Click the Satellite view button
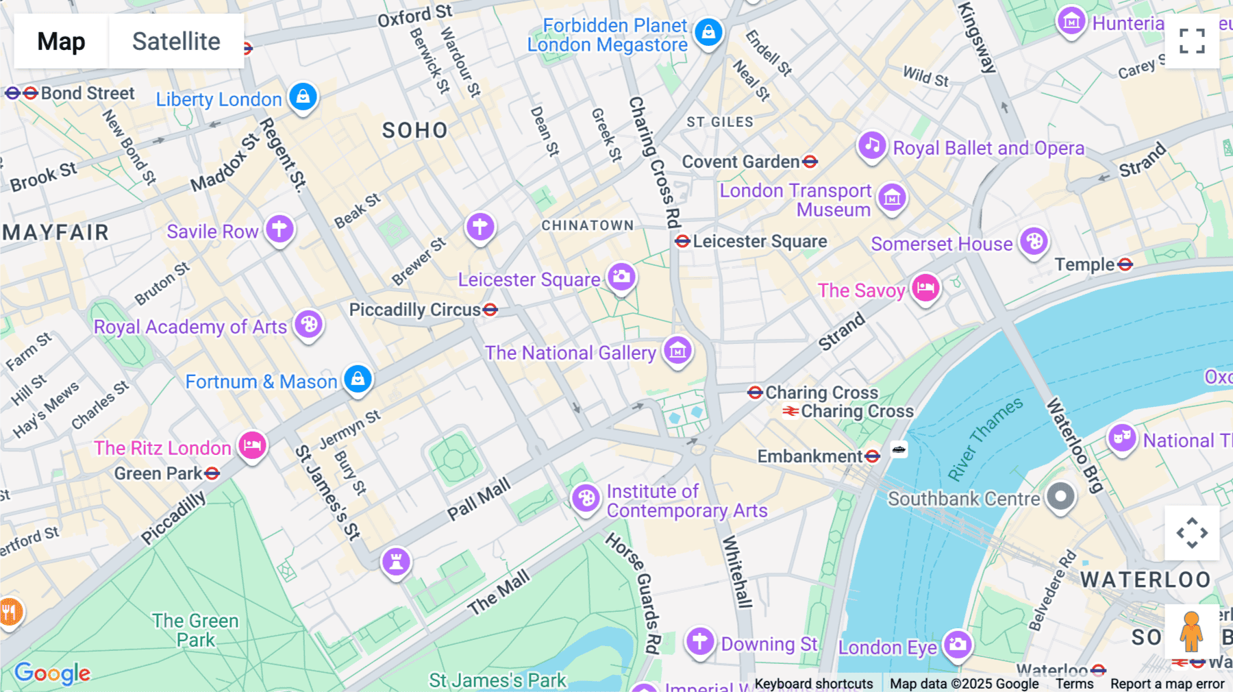(x=176, y=41)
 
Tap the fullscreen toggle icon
(x=1192, y=41)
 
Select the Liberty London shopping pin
(x=303, y=97)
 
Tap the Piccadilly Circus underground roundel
(x=490, y=310)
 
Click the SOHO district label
(x=414, y=130)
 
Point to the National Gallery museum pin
(x=677, y=351)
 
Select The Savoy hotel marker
(x=925, y=288)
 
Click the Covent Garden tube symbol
(x=810, y=162)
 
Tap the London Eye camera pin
(x=958, y=644)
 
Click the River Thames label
(x=985, y=438)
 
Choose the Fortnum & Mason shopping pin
(x=358, y=378)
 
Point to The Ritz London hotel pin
(x=252, y=446)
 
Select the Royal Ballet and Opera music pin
(x=872, y=145)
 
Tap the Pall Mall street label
(x=479, y=499)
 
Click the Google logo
(x=52, y=673)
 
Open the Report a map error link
(x=1167, y=684)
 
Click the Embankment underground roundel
(x=872, y=456)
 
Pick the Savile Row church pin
(x=279, y=229)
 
